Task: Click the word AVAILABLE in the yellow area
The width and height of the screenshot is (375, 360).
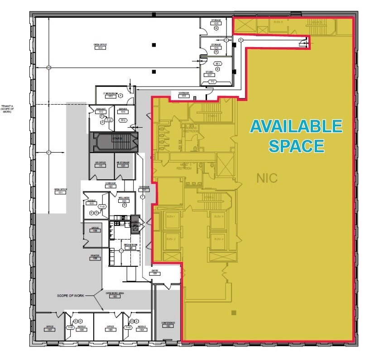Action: click(x=296, y=126)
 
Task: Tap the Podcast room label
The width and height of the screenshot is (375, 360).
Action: click(x=101, y=110)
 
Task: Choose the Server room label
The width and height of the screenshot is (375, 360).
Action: click(x=122, y=110)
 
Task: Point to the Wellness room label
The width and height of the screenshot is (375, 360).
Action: click(x=124, y=198)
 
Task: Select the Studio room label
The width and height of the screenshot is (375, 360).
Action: click(x=209, y=73)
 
